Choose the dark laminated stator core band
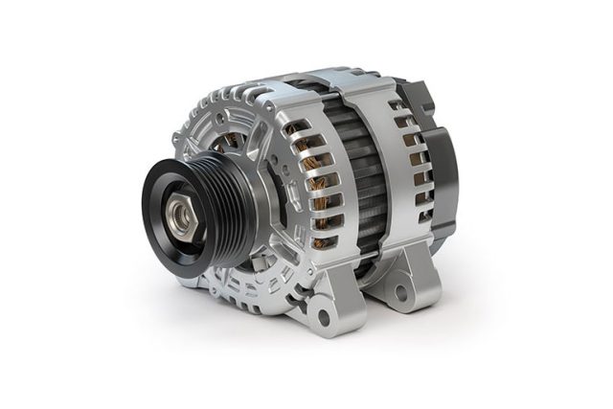pyautogui.click(x=359, y=172)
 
